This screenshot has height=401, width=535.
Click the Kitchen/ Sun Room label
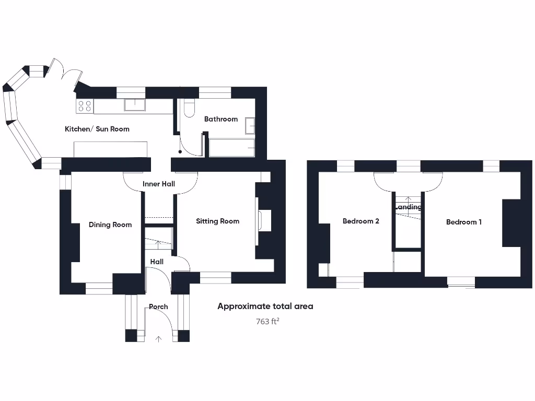(x=97, y=129)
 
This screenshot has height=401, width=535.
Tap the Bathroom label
(x=220, y=119)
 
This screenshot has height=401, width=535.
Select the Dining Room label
(x=110, y=225)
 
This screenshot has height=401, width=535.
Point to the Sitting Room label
(x=217, y=221)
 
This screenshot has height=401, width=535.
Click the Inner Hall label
(x=158, y=184)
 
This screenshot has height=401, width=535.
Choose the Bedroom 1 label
(x=463, y=222)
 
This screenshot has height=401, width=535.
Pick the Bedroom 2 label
(x=360, y=221)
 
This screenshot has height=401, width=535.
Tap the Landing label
(x=408, y=207)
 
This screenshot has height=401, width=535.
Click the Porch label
(x=158, y=306)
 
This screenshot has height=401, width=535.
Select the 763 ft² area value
(x=267, y=322)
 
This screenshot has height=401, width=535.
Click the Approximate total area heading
(x=265, y=306)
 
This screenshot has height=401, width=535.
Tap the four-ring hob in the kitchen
(x=85, y=107)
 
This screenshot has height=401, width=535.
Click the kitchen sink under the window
(x=135, y=105)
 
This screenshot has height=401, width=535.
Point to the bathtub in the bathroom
(x=231, y=148)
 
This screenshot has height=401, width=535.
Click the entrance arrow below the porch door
(x=159, y=339)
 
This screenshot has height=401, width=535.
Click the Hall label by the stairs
(x=157, y=262)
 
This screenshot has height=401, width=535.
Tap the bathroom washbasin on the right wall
(x=250, y=126)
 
